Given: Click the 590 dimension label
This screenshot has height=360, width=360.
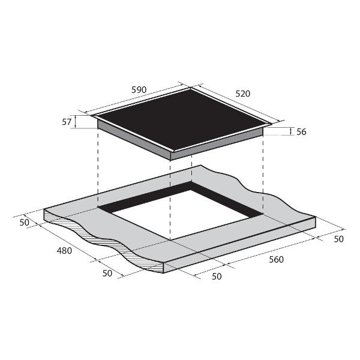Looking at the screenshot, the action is pos(139,90).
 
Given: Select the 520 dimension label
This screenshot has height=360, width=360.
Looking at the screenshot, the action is pos(242,94).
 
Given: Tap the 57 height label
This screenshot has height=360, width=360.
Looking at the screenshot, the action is pos(67,122).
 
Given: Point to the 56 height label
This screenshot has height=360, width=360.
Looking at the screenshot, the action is pos(301,132).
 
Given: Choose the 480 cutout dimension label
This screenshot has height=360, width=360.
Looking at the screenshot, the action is pos(64,251).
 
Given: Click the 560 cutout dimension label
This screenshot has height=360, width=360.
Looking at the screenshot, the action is pos(276,259).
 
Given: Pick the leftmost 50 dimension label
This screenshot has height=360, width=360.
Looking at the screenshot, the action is pos(25,223).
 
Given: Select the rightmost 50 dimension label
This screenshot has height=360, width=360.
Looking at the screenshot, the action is pos(338,239).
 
